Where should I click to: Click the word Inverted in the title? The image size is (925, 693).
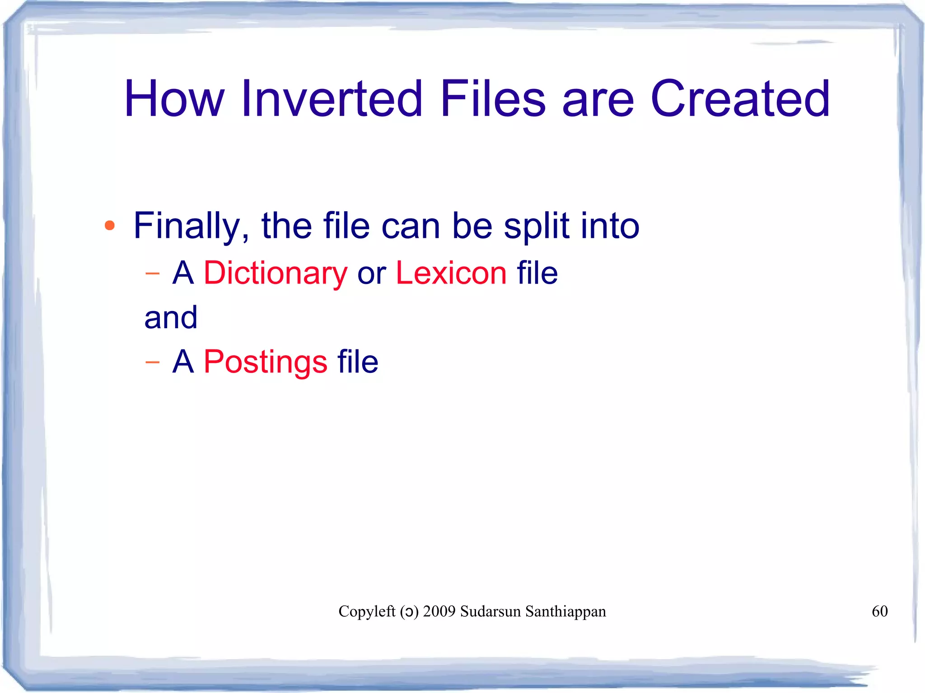[x=332, y=98]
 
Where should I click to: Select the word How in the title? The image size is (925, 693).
[x=174, y=98]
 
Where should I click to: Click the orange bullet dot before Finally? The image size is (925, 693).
[x=109, y=225]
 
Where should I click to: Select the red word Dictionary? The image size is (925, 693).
[x=276, y=274]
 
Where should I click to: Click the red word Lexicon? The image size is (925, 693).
[x=451, y=273]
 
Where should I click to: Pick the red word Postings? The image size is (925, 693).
[x=266, y=362]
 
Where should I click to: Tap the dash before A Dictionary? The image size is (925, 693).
[x=153, y=274]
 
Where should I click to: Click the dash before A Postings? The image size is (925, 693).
[x=153, y=362]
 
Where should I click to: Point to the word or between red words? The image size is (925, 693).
[x=371, y=274]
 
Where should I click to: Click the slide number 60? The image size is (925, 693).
[x=879, y=611]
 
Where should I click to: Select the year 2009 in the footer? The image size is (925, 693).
[x=439, y=611]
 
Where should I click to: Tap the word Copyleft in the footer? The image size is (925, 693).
[x=367, y=611]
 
